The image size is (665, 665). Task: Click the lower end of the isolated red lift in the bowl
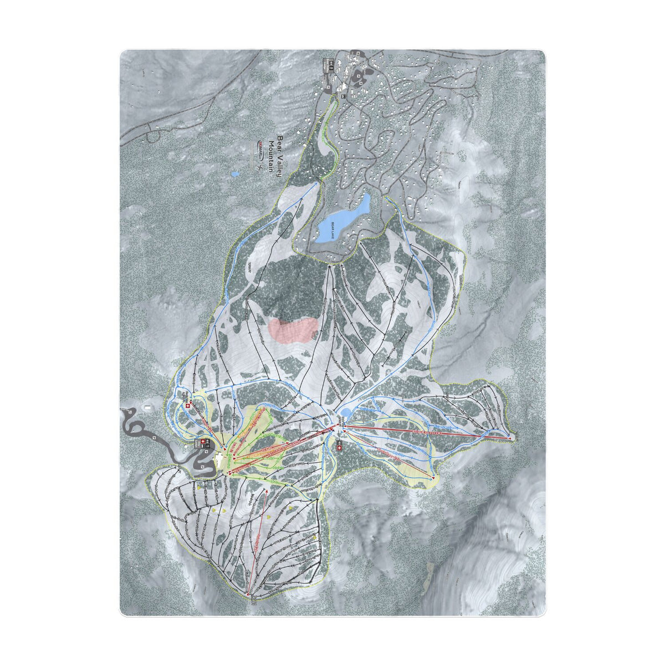250,596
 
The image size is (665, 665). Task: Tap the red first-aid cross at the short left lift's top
187,405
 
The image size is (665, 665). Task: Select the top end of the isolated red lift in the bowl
267,490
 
